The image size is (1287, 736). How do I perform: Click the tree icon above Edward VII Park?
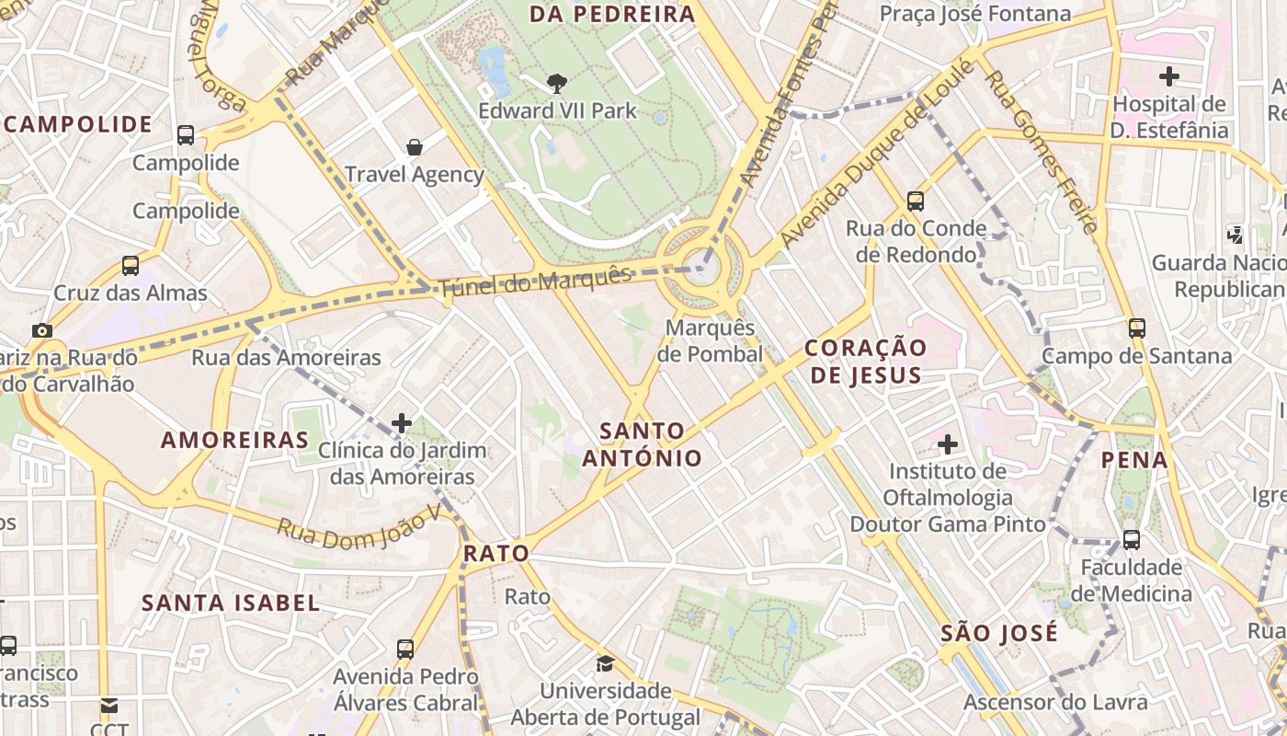(x=556, y=84)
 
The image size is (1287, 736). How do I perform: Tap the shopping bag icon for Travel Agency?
(x=415, y=147)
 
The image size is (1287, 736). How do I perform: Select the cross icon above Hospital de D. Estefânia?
(x=1168, y=75)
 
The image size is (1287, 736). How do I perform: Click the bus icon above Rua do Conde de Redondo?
(x=915, y=201)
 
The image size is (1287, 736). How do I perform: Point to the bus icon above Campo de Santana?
(x=1137, y=328)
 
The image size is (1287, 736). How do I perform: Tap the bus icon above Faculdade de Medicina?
(x=1131, y=539)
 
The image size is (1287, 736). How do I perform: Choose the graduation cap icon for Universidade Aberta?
(x=605, y=663)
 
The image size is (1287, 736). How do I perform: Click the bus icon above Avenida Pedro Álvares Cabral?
(x=405, y=649)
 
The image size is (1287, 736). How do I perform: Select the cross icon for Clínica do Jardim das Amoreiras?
(x=402, y=423)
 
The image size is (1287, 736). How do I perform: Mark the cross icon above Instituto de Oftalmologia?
(x=947, y=444)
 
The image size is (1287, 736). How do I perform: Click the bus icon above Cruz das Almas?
(x=131, y=266)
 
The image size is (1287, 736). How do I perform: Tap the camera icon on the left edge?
(x=41, y=330)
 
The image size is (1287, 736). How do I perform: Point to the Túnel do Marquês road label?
(x=535, y=281)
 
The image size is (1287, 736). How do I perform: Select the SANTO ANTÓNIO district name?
(x=643, y=443)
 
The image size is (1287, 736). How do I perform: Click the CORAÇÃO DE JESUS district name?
(x=865, y=361)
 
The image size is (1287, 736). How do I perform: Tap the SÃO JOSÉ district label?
(x=999, y=633)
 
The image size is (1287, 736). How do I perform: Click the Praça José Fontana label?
(x=974, y=14)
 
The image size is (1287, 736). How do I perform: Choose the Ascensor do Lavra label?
(x=1055, y=702)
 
